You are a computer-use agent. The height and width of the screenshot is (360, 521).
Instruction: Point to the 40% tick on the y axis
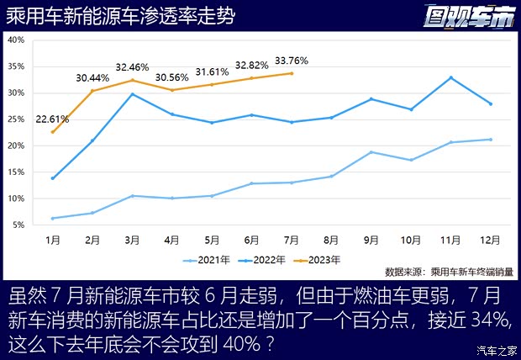[16, 40]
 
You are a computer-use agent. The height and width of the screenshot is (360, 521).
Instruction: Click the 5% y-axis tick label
[16, 225]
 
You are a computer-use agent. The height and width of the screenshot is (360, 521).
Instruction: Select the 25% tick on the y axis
[16, 119]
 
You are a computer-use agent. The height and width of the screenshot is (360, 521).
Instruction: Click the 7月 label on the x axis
[291, 240]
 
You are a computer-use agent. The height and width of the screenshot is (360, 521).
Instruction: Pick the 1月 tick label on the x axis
[53, 240]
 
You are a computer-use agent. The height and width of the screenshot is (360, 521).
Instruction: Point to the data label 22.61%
[51, 119]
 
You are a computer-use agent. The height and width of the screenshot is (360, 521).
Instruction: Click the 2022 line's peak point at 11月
[451, 77]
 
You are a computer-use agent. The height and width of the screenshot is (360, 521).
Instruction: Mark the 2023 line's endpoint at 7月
[292, 73]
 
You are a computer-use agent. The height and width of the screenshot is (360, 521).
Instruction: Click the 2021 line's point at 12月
[490, 140]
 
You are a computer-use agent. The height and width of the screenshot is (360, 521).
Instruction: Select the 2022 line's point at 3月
[133, 94]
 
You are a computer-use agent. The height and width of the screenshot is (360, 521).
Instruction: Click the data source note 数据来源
[448, 272]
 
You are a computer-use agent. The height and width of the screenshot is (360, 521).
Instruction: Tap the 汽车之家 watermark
[495, 351]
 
